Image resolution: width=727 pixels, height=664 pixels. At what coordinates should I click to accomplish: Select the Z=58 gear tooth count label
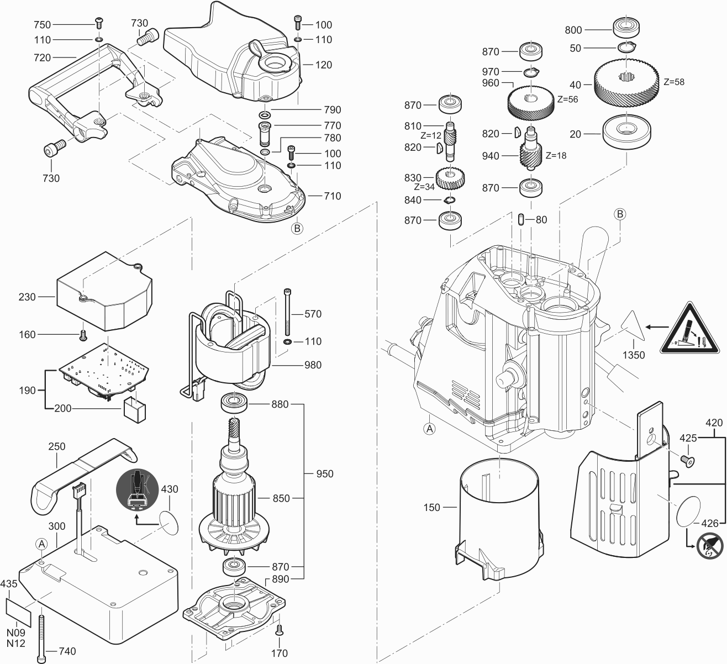tap(673, 82)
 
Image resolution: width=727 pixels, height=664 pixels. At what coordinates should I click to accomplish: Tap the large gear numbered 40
tap(627, 81)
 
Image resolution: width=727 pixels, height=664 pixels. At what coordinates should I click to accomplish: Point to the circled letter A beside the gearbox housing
tap(429, 428)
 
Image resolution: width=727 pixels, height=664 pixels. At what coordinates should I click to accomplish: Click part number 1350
tap(633, 355)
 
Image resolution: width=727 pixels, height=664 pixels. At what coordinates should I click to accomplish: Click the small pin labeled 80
tap(521, 219)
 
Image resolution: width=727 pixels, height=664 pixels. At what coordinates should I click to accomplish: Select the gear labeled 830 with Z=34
tap(451, 178)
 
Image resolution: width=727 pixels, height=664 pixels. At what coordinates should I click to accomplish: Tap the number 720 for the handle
tap(42, 57)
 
